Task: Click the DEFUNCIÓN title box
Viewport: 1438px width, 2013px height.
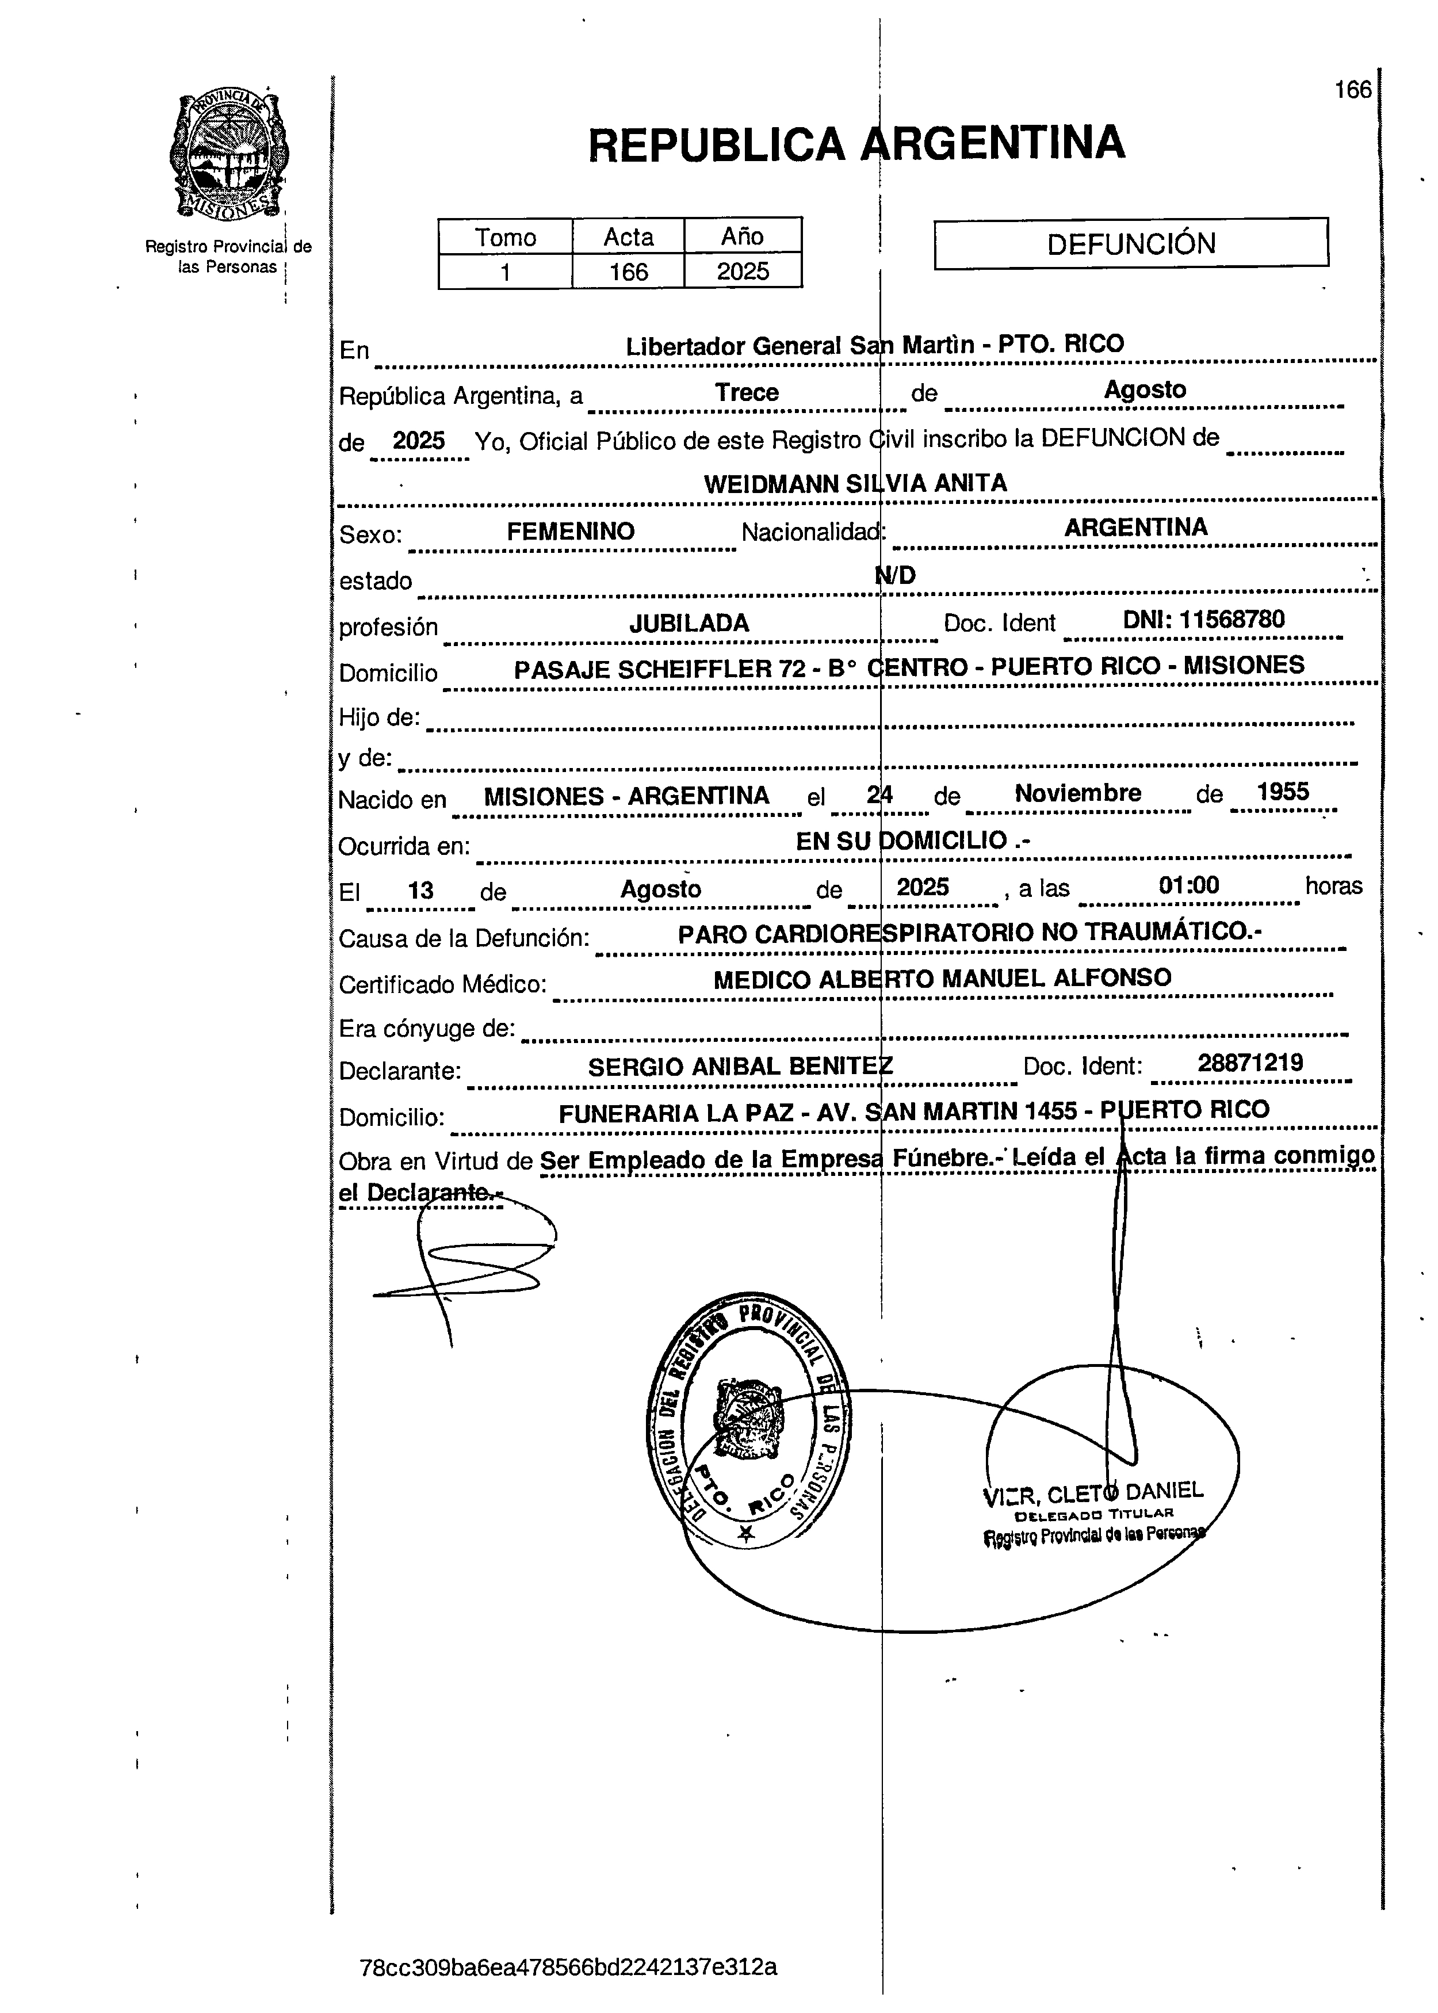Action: (x=1131, y=243)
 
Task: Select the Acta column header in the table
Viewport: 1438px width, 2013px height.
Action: (x=628, y=236)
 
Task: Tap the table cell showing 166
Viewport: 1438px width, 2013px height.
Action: (x=628, y=271)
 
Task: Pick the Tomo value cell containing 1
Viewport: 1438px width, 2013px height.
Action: (x=504, y=271)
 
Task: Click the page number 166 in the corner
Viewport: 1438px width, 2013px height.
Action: (x=1352, y=89)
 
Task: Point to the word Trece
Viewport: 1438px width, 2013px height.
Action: (x=747, y=392)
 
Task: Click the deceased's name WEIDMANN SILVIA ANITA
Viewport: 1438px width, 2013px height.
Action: (x=855, y=483)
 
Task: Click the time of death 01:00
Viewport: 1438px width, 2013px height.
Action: (x=1188, y=885)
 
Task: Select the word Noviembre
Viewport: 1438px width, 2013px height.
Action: (x=1077, y=793)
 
